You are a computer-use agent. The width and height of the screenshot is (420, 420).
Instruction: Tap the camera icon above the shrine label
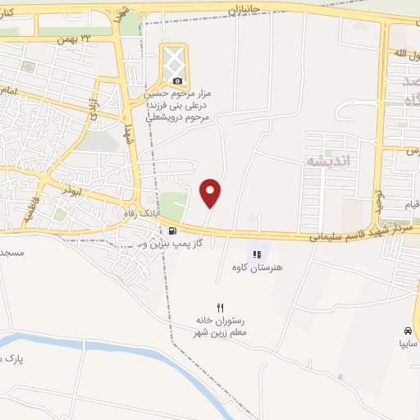(178, 80)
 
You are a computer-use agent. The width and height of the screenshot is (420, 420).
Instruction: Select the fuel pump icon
(171, 231)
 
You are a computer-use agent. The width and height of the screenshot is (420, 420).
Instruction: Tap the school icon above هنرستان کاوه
(256, 254)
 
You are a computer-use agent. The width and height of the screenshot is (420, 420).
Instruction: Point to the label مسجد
(12, 252)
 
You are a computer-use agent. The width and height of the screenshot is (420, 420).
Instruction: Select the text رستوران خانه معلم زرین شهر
(221, 326)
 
